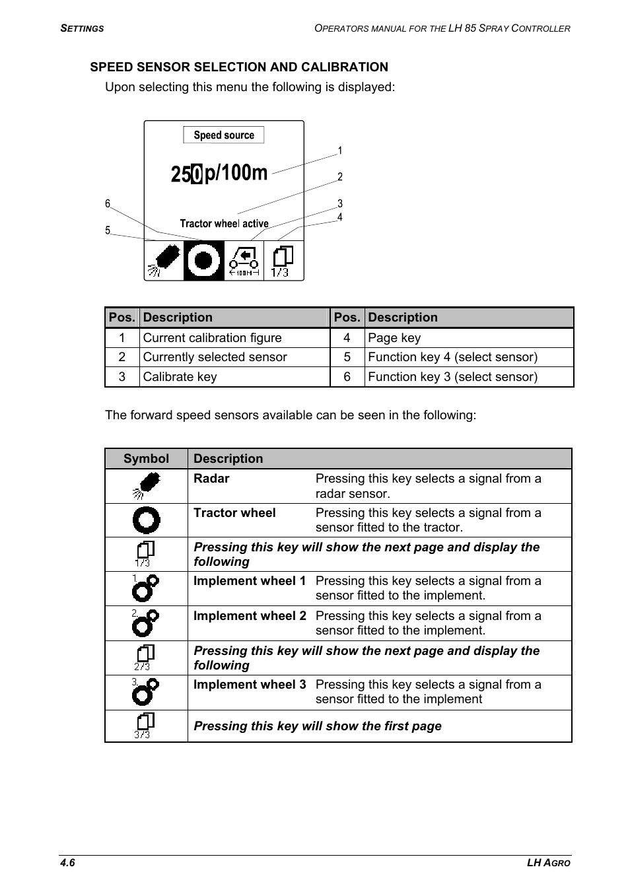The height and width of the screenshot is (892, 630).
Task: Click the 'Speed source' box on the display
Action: pos(224,135)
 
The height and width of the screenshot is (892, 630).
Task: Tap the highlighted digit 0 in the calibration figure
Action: pos(197,174)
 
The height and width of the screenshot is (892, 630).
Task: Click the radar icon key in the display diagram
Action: pos(164,261)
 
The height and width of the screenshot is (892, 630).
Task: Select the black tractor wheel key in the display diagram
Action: pos(204,261)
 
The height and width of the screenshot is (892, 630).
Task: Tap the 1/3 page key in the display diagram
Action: pos(283,261)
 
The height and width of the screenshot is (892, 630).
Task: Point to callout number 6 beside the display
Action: pos(108,204)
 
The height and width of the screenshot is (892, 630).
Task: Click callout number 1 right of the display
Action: pos(340,151)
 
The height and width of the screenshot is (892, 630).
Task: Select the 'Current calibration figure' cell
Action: pos(212,338)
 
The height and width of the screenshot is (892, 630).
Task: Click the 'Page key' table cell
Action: pos(394,338)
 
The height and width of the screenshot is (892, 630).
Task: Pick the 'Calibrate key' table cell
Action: pos(180,377)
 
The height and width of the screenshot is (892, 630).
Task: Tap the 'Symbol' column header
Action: pos(146,459)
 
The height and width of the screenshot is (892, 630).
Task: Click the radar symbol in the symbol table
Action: pos(146,486)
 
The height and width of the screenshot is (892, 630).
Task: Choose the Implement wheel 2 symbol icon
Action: pos(145,623)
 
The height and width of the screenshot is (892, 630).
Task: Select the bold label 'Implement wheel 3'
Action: pos(250,685)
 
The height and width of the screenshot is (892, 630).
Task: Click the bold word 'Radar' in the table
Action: pos(211,479)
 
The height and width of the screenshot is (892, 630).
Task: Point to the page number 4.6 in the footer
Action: pos(67,863)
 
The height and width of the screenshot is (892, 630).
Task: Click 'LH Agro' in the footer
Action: pos(548,863)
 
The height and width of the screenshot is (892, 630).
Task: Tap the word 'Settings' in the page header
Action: pos(82,28)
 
